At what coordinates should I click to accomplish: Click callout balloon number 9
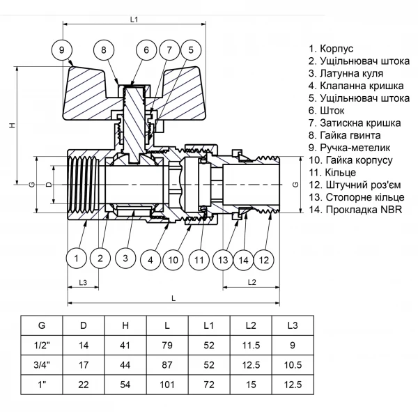(62, 49)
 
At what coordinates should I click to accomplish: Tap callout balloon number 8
(104, 49)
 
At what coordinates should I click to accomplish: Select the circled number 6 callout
(146, 49)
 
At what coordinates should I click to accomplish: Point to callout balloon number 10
(174, 260)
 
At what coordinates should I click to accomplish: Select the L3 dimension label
(82, 281)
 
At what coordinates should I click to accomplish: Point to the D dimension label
(47, 185)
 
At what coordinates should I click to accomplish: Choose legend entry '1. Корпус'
(332, 49)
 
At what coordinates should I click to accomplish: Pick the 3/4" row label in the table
(42, 364)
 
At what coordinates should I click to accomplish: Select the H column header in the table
(125, 325)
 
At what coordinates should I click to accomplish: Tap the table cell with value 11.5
(250, 345)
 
